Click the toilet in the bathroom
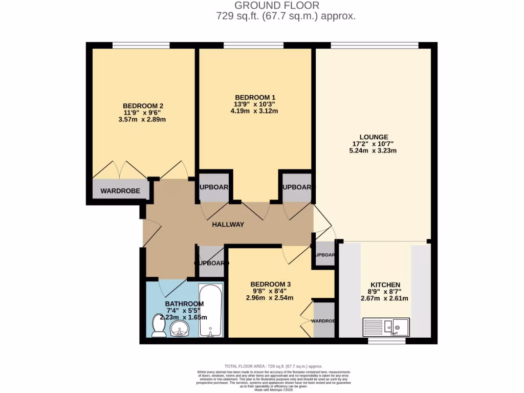159,326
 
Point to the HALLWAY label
228,225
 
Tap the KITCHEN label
385,285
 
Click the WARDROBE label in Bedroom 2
120,191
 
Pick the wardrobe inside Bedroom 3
324,320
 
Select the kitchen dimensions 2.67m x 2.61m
385,298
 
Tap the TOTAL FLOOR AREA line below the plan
274,366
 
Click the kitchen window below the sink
383,340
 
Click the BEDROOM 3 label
271,284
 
